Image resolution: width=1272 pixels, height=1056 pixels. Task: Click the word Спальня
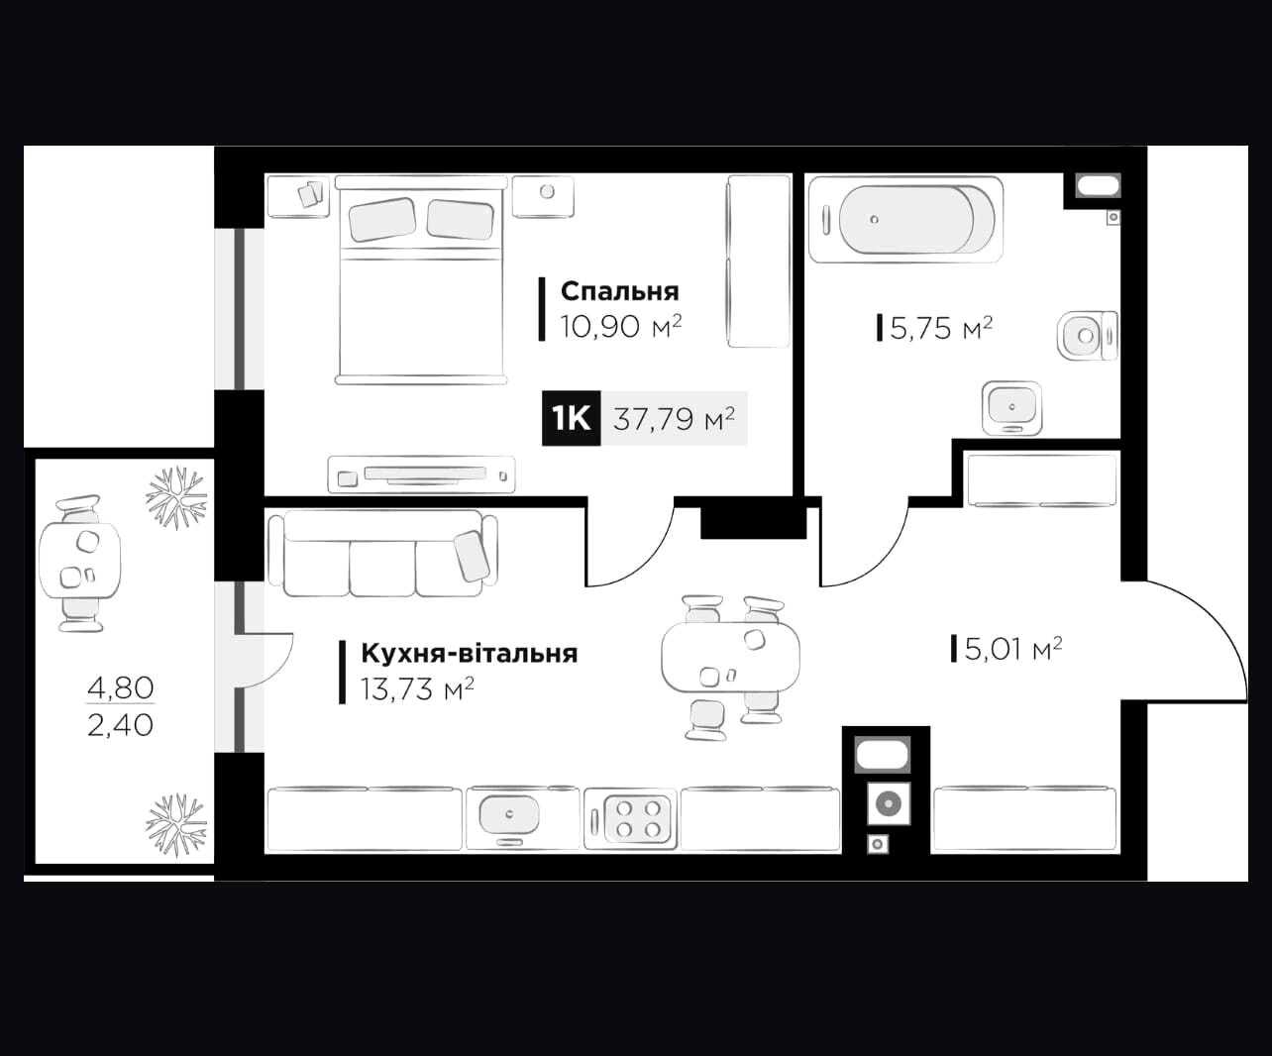tap(619, 292)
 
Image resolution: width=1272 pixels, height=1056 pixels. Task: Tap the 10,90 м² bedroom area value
tap(620, 327)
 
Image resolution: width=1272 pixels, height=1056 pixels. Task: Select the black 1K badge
tap(571, 419)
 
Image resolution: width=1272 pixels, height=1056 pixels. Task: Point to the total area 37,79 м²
tap(674, 419)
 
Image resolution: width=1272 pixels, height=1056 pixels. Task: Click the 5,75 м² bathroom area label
tap(941, 328)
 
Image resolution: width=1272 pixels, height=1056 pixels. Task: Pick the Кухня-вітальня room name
tap(470, 653)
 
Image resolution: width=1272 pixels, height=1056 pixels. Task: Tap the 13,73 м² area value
tap(417, 689)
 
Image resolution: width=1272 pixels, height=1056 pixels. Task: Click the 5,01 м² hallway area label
tap(1013, 648)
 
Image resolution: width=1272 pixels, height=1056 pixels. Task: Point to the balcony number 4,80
tap(120, 687)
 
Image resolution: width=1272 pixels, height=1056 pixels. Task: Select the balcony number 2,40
tap(120, 725)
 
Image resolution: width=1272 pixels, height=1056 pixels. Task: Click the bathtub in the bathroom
tap(905, 219)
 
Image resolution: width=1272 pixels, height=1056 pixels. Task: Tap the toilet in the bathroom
tap(1088, 335)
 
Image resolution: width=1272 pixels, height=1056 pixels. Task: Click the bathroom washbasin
tap(1011, 408)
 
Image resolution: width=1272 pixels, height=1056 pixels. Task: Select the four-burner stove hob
tap(630, 818)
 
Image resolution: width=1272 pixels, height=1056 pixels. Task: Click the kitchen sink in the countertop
tap(508, 814)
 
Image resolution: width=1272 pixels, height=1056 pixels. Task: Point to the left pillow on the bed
tap(382, 219)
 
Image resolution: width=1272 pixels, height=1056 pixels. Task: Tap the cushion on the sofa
tap(473, 557)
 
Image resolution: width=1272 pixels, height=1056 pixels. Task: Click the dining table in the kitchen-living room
tap(730, 657)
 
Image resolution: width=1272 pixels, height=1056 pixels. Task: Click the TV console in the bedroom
tap(422, 475)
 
